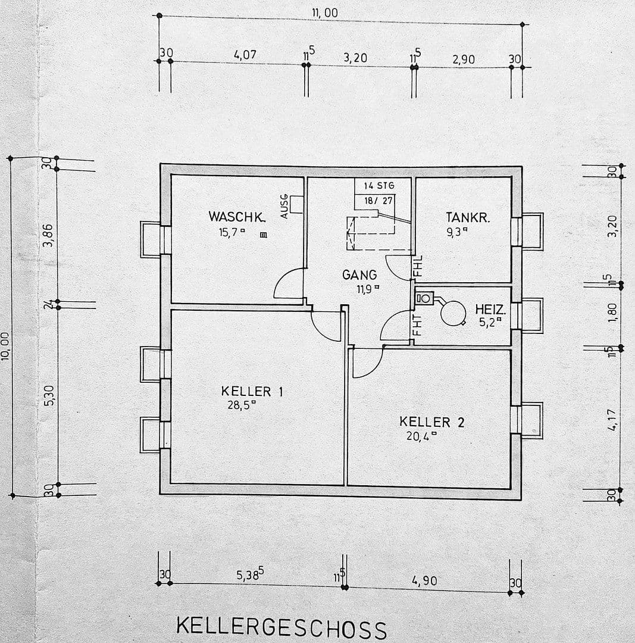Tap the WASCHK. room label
[236, 217]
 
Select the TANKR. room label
[468, 218]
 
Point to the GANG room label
[359, 275]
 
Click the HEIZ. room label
[490, 310]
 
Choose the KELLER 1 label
[252, 391]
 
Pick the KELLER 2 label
[431, 422]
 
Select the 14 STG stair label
[379, 186]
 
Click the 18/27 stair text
[379, 201]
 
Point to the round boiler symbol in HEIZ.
[453, 313]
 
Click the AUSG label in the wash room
[284, 206]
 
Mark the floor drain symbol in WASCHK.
[263, 235]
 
